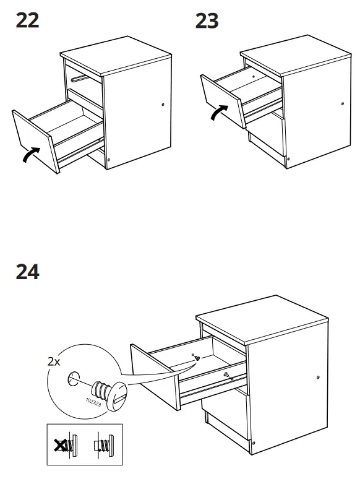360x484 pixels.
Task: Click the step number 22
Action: [27, 20]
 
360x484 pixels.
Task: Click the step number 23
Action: [207, 20]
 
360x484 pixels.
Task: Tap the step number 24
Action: [27, 272]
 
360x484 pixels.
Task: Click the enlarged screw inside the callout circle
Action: [108, 393]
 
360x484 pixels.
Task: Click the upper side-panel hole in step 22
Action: [163, 105]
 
